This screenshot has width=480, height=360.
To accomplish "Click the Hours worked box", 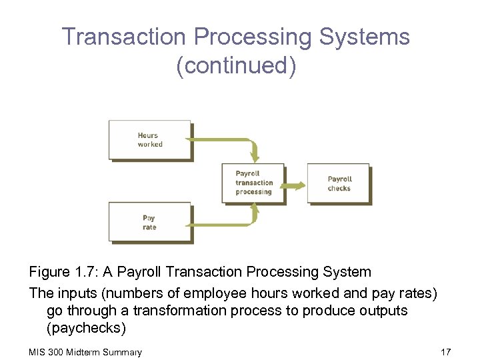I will (150, 140).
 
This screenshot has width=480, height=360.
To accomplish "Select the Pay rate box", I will (150, 223).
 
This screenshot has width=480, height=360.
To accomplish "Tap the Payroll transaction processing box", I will (253, 183).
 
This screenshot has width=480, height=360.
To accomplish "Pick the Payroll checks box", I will (339, 183).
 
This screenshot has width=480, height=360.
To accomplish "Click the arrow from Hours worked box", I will (227, 141).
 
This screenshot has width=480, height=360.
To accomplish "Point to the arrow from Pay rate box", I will (227, 223).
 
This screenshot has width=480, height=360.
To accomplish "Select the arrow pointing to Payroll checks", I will (295, 184).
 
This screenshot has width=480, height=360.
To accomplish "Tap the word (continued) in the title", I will (236, 66).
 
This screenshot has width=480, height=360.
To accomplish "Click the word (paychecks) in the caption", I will (86, 329).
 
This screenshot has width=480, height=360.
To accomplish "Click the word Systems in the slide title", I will (365, 37).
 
